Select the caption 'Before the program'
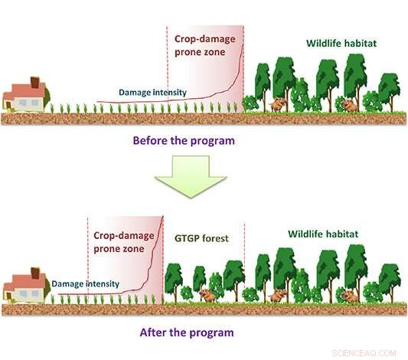click(183, 141)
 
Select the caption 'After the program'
click(187, 333)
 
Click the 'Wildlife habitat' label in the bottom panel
click(322, 234)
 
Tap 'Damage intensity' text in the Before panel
click(152, 93)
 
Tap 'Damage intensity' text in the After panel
click(86, 283)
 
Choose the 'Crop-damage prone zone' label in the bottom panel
click(125, 243)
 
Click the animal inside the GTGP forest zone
click(206, 295)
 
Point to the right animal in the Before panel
click(349, 104)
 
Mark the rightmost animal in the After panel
click(349, 295)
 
